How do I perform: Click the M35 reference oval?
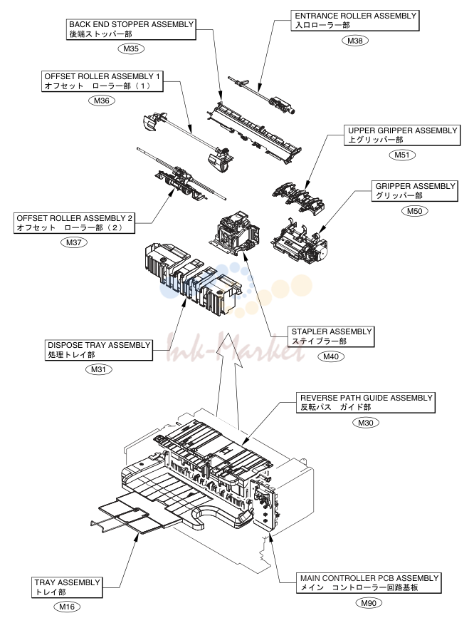pos(131,49)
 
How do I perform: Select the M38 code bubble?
pos(355,41)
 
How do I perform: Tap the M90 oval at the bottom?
pos(369,603)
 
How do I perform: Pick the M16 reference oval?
pos(67,607)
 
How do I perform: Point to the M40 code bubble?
pos(331,356)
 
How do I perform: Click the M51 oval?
pos(402,155)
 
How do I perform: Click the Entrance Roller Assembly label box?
pos(355,21)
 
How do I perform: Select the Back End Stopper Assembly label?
pos(131,29)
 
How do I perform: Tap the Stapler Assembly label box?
pos(331,336)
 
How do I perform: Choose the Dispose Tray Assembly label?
pos(99,350)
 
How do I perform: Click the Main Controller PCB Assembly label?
pos(369,583)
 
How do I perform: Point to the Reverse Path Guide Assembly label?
pos(366,403)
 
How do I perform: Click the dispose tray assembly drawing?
pos(191,279)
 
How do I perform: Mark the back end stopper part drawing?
pos(253,131)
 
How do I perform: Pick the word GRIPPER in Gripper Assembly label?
pos(396,186)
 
